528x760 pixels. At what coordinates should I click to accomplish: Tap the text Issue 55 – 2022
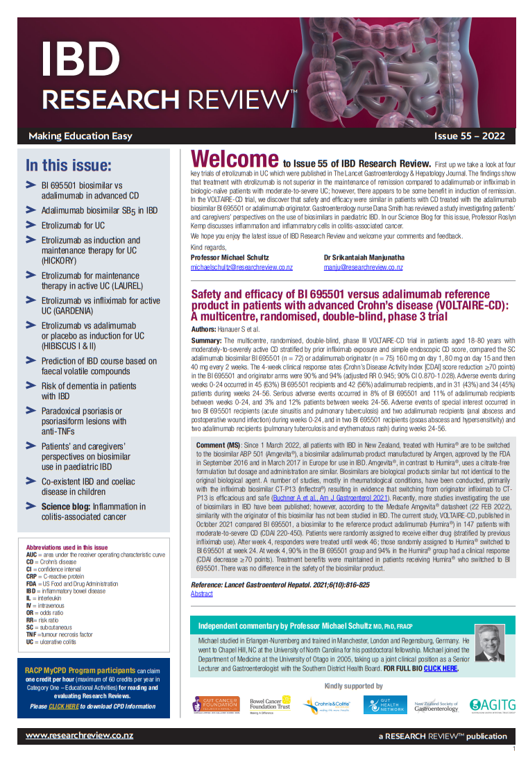tap(469, 136)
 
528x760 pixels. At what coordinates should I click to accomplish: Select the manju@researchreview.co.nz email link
tap(363, 267)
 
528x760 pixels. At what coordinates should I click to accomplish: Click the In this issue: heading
tap(68, 165)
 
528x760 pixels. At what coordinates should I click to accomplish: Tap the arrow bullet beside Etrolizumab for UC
tap(31, 225)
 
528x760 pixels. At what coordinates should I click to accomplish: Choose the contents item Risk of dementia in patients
tap(88, 386)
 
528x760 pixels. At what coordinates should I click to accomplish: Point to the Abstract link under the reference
tap(202, 594)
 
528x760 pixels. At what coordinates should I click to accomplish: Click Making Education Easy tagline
tap(80, 136)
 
